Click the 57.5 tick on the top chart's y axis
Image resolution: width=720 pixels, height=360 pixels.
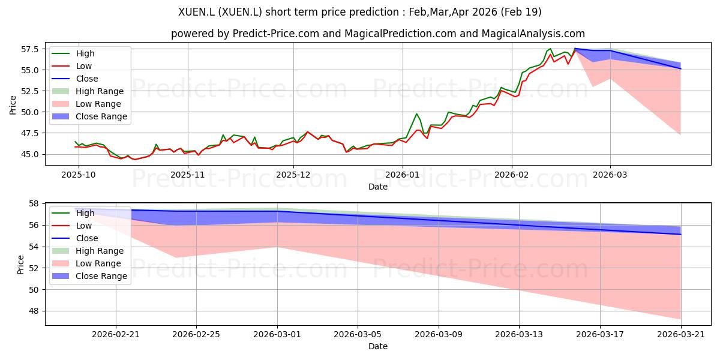(29, 49)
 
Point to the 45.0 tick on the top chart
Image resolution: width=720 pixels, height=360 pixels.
(29, 154)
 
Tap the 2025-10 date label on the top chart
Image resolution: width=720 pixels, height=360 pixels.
(79, 175)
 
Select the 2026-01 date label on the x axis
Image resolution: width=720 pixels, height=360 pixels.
(403, 175)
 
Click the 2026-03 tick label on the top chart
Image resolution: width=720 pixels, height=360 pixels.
(610, 175)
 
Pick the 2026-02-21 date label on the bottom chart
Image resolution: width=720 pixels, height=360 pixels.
(116, 335)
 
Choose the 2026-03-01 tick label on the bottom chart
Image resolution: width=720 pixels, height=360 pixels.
(277, 335)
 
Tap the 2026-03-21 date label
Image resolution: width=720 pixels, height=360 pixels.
(681, 335)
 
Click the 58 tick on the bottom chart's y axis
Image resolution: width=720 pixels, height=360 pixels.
(34, 204)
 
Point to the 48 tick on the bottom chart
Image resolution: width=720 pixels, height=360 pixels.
(34, 311)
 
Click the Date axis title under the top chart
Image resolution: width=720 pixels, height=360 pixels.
(378, 187)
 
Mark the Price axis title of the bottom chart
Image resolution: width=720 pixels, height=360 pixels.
(20, 265)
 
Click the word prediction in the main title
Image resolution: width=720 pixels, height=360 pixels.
(374, 12)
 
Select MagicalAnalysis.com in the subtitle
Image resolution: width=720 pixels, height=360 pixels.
(533, 34)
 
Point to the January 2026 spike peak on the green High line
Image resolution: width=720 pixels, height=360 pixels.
(416, 113)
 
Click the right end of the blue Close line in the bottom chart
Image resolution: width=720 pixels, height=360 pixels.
(681, 235)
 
